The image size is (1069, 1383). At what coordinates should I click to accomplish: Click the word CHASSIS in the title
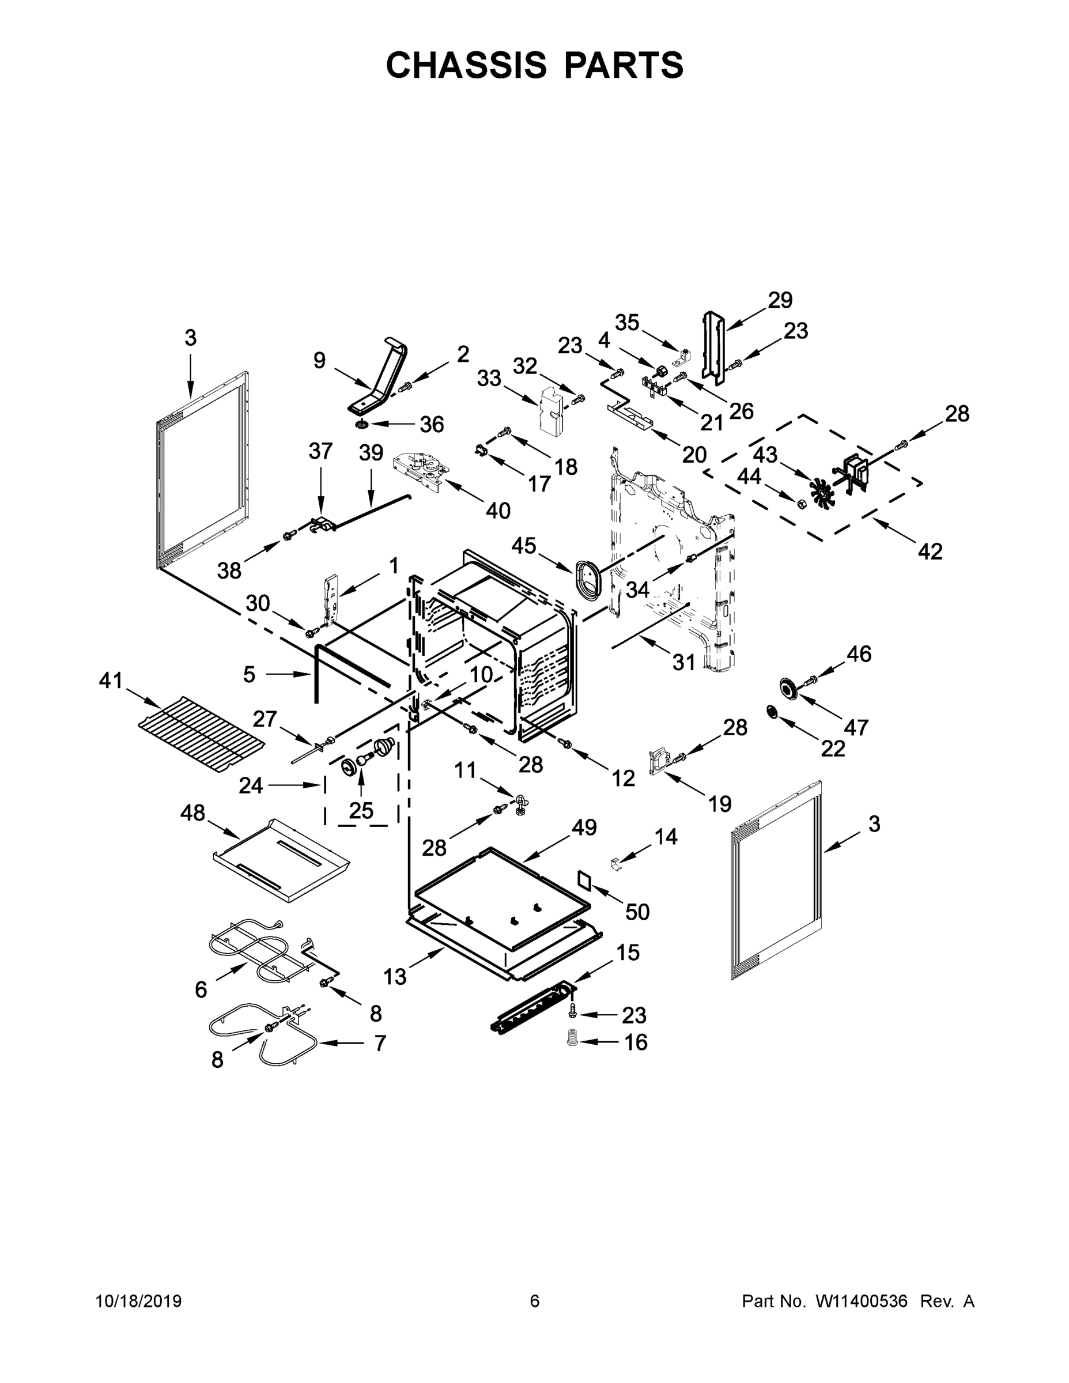(466, 65)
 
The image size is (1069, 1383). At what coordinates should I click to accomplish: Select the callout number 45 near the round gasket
(524, 545)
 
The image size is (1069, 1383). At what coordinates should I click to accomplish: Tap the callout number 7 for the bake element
(380, 1043)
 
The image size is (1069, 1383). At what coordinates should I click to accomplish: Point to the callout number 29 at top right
(780, 300)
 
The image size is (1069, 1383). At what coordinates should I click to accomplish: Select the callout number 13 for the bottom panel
(395, 977)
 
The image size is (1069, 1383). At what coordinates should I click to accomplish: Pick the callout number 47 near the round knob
(856, 728)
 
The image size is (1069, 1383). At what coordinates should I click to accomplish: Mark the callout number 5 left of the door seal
(250, 675)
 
